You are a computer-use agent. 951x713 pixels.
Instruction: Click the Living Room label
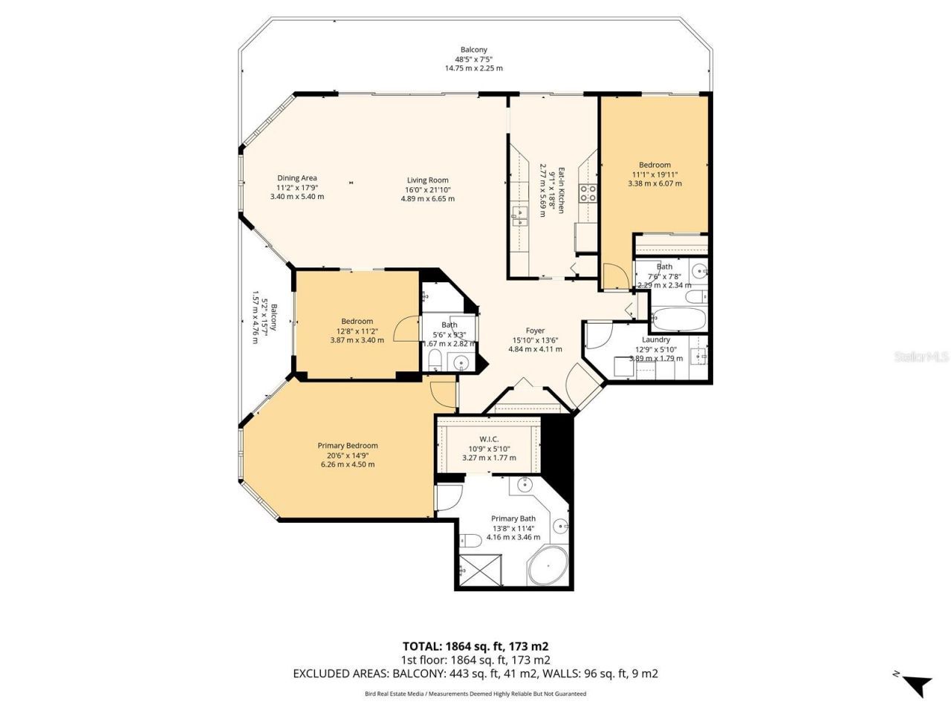427,189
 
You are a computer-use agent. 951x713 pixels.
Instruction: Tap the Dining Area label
297,187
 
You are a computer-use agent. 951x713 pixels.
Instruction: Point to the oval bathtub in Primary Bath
548,570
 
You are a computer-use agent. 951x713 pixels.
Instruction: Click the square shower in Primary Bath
479,570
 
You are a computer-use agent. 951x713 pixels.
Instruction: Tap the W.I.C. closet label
489,449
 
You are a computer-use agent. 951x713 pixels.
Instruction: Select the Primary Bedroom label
348,455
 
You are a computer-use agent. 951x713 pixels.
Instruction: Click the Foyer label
535,339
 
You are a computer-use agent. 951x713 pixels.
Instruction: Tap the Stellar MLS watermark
921,356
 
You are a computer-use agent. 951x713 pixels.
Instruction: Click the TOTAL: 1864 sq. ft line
475,646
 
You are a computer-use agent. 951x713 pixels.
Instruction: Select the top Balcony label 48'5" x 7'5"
474,59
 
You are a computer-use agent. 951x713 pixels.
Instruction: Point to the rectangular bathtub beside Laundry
679,320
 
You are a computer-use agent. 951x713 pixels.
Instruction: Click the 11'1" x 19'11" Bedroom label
655,174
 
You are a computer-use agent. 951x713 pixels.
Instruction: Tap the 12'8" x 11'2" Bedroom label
357,331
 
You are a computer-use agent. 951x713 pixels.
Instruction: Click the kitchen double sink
519,217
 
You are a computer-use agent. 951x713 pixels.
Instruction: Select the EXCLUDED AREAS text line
475,674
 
